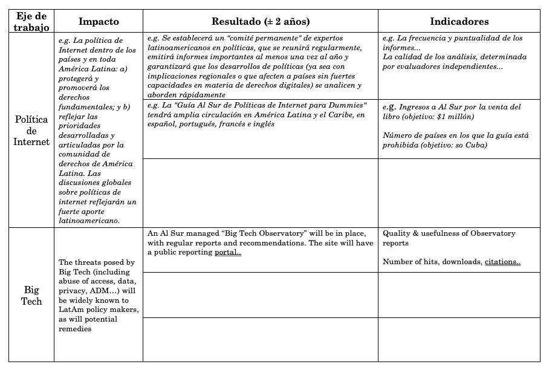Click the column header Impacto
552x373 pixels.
[x=99, y=21]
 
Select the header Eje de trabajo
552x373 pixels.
[x=31, y=21]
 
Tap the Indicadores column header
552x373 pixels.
[x=459, y=21]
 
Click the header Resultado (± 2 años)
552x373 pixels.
[x=261, y=21]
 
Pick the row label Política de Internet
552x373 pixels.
[x=31, y=131]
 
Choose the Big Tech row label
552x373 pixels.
[x=31, y=295]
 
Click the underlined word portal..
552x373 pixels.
[x=228, y=253]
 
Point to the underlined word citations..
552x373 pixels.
[x=502, y=262]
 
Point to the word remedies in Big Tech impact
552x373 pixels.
[x=75, y=329]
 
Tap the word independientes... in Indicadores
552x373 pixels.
[x=473, y=66]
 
